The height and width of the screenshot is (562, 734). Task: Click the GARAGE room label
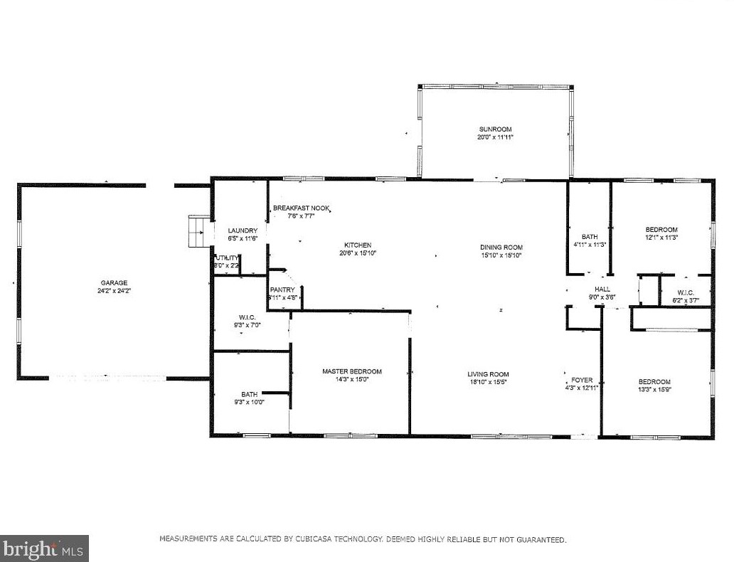click(113, 282)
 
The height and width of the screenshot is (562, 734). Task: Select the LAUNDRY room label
click(243, 230)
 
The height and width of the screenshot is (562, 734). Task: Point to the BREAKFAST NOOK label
click(302, 208)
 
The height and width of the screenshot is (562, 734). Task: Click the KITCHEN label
click(357, 245)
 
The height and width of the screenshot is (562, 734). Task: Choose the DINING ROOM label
click(501, 247)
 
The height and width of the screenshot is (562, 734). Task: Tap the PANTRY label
click(282, 290)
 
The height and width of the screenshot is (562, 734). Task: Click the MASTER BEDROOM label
click(351, 371)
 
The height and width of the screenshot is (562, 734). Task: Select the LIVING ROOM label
click(488, 374)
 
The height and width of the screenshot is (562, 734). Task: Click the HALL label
click(602, 289)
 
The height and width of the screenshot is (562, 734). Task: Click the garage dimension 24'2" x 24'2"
click(113, 291)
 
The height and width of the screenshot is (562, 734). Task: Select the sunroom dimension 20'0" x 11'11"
click(495, 137)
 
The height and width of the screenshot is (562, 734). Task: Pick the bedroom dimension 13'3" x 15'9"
click(654, 390)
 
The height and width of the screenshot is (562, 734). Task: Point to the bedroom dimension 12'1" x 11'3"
click(661, 238)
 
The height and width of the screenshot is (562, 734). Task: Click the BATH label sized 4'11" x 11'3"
click(589, 237)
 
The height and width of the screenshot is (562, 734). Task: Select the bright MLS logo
click(44, 548)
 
